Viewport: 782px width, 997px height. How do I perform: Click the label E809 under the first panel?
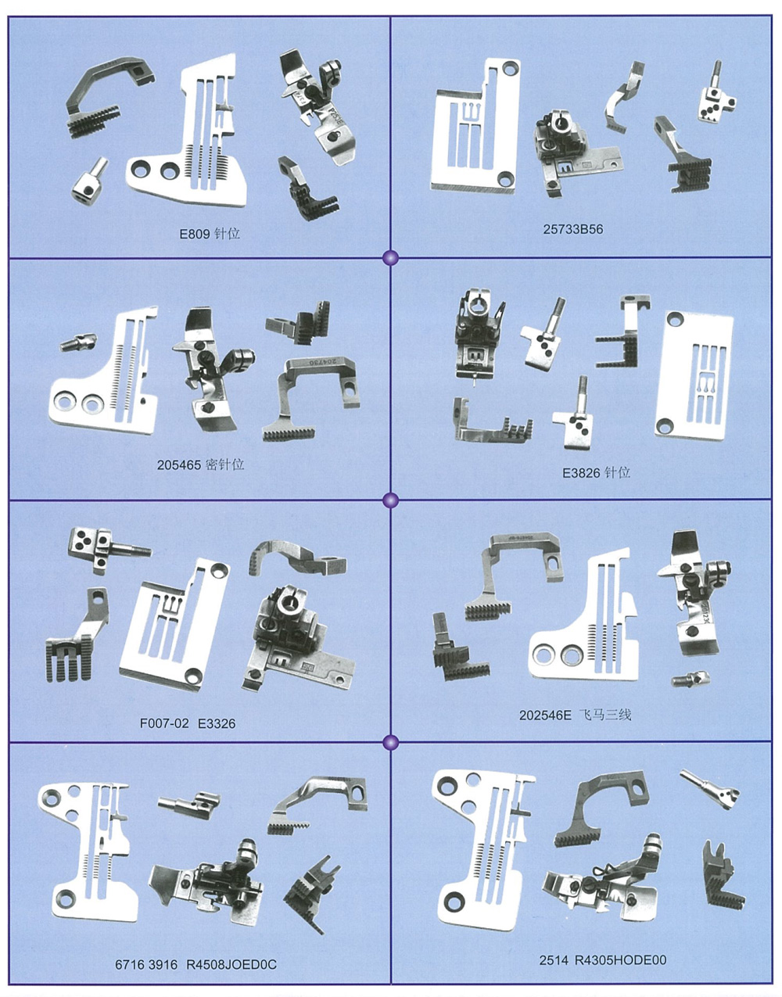click(x=195, y=235)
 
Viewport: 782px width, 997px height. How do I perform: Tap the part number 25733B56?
click(x=573, y=229)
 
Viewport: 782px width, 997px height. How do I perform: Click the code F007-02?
click(x=164, y=723)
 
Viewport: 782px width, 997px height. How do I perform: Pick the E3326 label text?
click(x=217, y=723)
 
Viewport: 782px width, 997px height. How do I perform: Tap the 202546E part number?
click(x=545, y=715)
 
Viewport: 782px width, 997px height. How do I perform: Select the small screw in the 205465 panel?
click(x=78, y=342)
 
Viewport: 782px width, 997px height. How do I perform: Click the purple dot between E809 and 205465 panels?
click(x=390, y=258)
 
